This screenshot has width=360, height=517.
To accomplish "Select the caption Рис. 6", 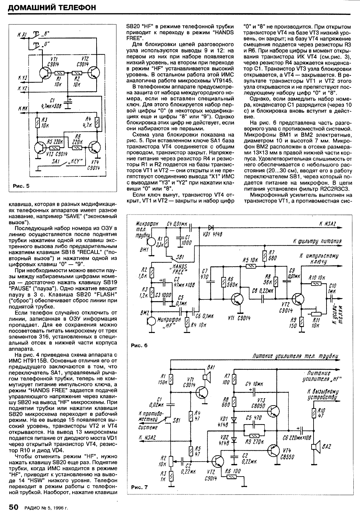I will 139,345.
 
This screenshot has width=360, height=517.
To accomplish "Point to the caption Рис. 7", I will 139,487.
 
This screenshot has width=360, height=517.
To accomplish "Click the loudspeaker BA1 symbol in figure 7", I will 208,376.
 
